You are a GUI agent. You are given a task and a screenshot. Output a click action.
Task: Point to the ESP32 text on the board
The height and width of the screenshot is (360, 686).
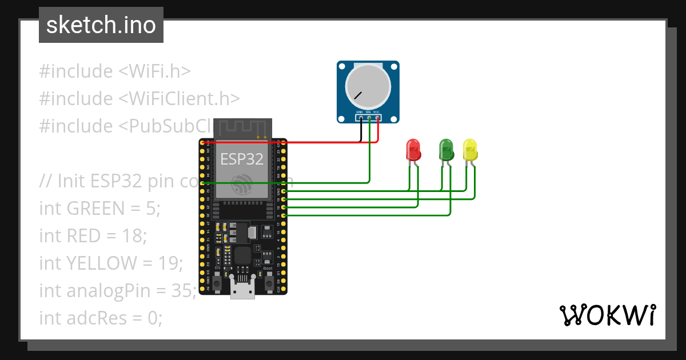[x=242, y=159]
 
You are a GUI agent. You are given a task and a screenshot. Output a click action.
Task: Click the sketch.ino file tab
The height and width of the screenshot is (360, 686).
[x=101, y=25]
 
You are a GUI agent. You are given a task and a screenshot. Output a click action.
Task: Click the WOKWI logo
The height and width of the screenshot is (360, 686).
[x=607, y=315]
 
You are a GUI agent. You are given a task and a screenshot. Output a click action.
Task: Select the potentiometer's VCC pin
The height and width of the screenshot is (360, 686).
[x=377, y=118]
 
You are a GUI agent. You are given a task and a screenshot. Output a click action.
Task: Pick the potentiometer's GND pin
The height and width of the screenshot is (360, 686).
[x=360, y=118]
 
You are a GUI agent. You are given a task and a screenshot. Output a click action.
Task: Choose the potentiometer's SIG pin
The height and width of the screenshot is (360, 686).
[x=369, y=118]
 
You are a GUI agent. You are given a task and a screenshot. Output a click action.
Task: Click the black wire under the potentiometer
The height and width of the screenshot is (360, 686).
[x=360, y=133]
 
